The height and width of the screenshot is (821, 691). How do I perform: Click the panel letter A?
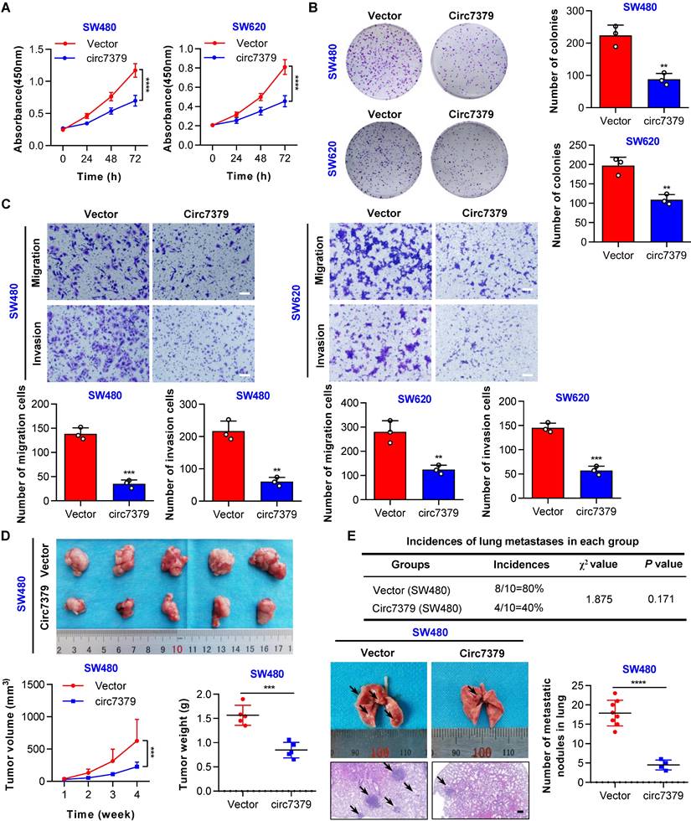coord(8,10)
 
